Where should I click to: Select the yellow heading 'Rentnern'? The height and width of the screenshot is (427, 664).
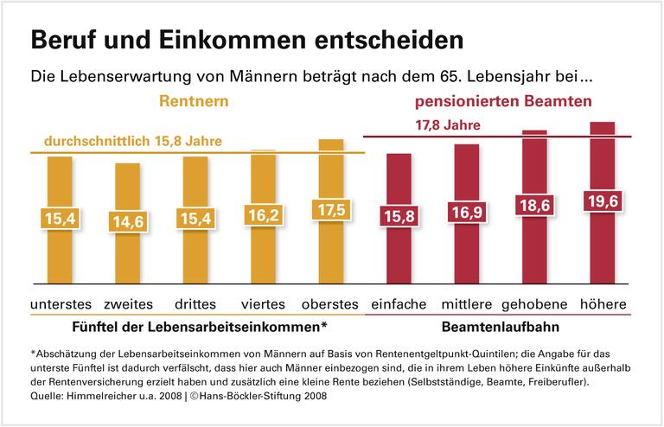tap(194, 102)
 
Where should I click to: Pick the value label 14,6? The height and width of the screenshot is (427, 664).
tap(127, 222)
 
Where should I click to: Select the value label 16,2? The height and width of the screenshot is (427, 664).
tap(262, 218)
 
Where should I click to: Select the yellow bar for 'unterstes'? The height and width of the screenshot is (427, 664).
tap(60, 259)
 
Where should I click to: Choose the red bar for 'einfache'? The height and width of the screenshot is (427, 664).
tap(399, 259)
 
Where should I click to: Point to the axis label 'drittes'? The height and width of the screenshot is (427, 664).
tap(195, 304)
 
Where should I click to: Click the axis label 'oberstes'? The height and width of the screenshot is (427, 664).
tap(329, 304)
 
